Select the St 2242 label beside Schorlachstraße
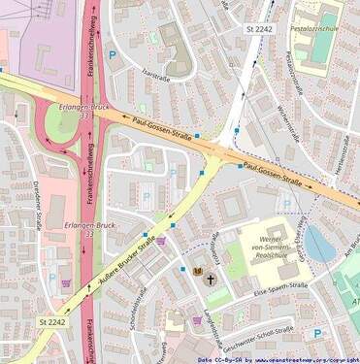[x=54, y=321]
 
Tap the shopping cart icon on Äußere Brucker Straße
[x=161, y=241]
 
